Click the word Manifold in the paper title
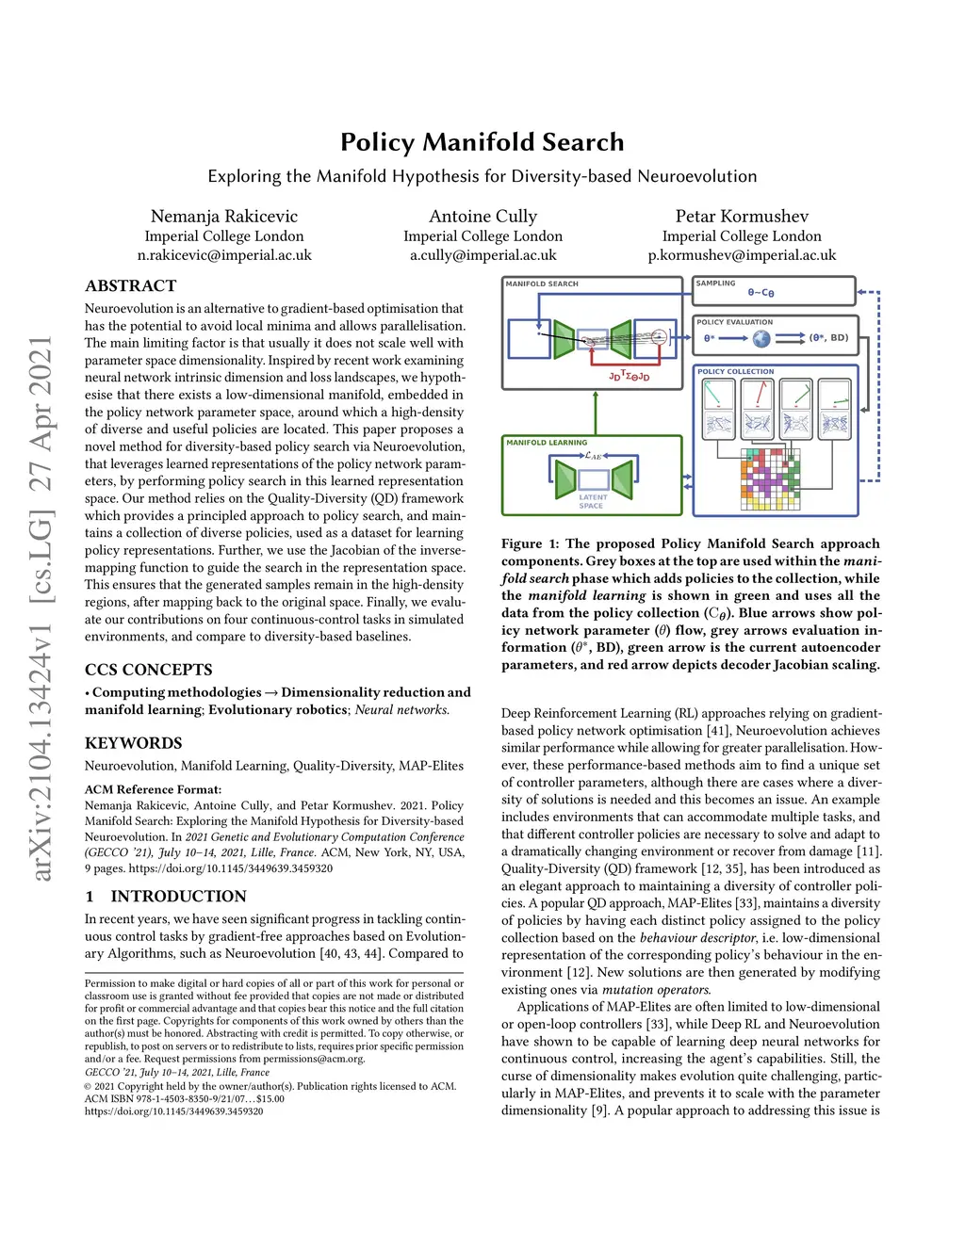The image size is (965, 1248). pyautogui.click(x=481, y=142)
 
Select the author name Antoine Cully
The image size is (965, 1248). pyautogui.click(x=482, y=217)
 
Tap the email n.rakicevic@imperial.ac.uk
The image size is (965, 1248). pyautogui.click(x=224, y=255)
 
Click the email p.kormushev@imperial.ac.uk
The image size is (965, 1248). pyautogui.click(x=741, y=255)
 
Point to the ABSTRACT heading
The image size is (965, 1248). pyautogui.click(x=130, y=286)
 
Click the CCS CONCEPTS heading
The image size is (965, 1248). pyautogui.click(x=148, y=670)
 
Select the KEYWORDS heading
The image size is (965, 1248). pyautogui.click(x=133, y=743)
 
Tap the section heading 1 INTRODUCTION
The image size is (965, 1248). pyautogui.click(x=166, y=897)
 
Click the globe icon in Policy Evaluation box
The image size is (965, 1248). pyautogui.click(x=761, y=338)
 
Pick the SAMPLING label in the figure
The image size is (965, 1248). pyautogui.click(x=715, y=284)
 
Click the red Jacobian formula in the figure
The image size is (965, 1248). pyautogui.click(x=629, y=377)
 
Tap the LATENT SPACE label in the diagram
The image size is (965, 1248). pyautogui.click(x=593, y=501)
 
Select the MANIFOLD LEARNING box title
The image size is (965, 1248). pyautogui.click(x=547, y=443)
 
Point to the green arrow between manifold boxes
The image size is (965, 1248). pyautogui.click(x=596, y=413)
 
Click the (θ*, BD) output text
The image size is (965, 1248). pyautogui.click(x=828, y=338)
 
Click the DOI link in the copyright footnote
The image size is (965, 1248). pyautogui.click(x=173, y=1111)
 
